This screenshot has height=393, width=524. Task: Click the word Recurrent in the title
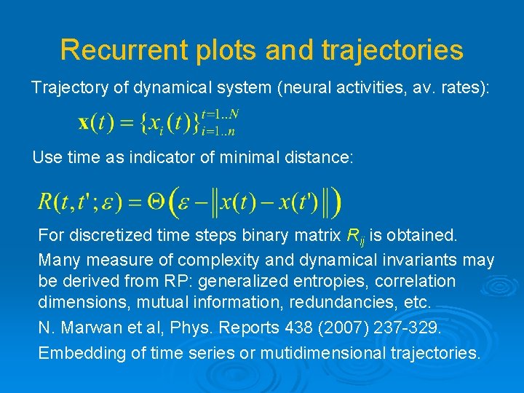coord(118,49)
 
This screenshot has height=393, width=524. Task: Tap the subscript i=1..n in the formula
coord(218,131)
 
